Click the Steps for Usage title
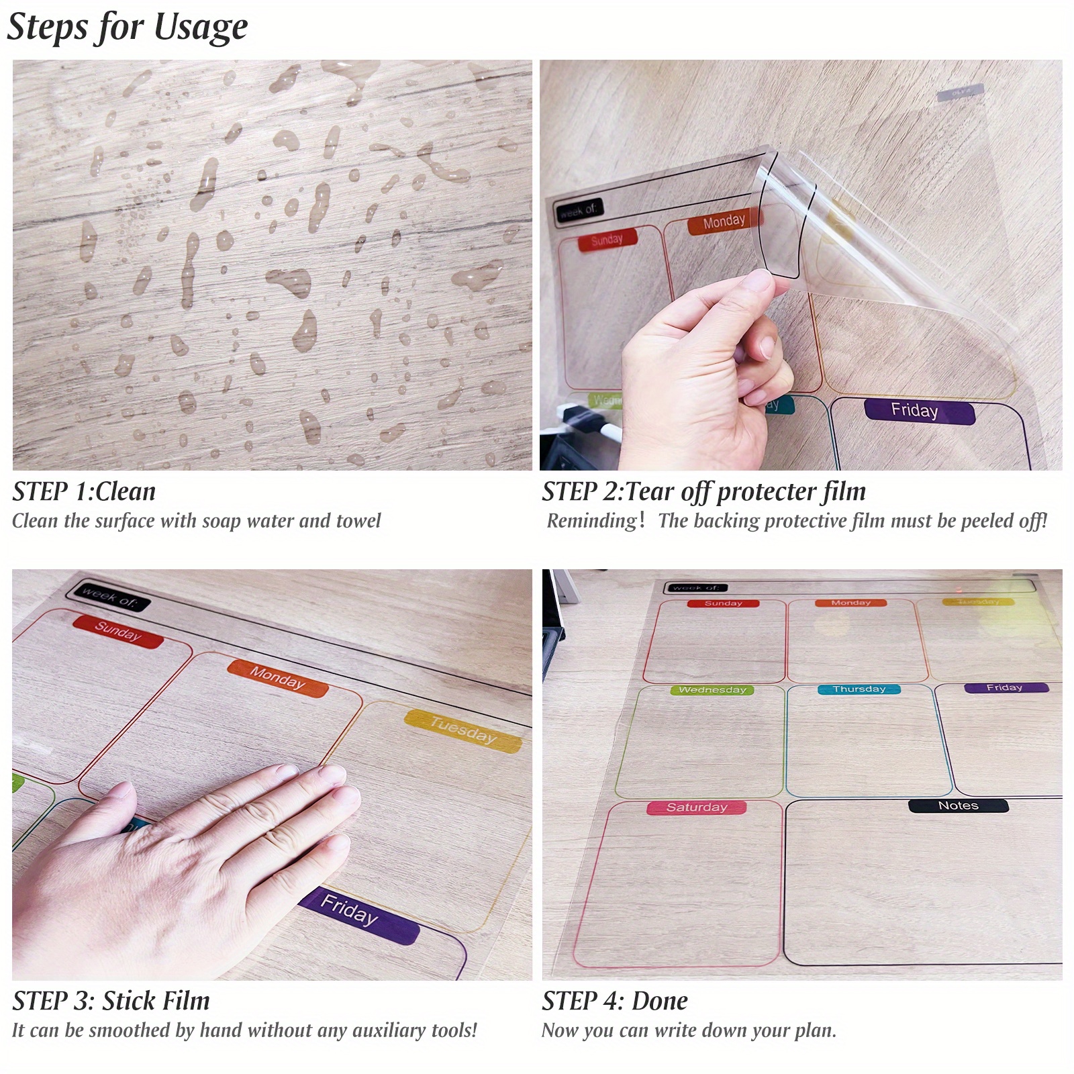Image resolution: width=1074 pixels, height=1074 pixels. (x=128, y=28)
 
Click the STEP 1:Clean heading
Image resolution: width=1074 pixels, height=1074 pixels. (x=84, y=492)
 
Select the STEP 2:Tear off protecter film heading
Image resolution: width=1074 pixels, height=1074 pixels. (x=703, y=492)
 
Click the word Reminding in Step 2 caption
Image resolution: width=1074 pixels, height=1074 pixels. (x=591, y=521)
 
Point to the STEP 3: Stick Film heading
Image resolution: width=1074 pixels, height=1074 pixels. (x=111, y=1001)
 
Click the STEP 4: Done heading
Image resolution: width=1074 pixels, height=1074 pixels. (x=615, y=1001)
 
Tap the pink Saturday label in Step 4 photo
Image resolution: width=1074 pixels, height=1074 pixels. (x=696, y=808)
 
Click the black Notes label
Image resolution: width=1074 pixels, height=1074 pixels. (x=958, y=805)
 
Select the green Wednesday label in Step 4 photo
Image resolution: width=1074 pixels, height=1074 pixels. (x=712, y=690)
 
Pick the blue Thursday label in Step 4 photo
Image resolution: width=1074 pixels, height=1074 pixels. (x=859, y=689)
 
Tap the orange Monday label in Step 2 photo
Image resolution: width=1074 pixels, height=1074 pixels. (x=724, y=222)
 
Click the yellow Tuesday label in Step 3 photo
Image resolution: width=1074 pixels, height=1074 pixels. (x=463, y=731)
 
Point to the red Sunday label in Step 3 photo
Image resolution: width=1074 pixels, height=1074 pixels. (x=118, y=632)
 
